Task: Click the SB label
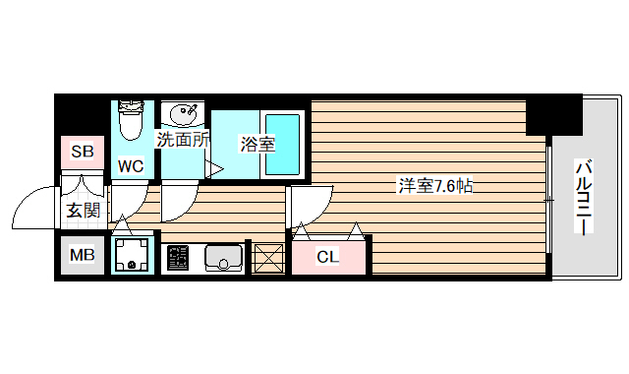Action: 83,152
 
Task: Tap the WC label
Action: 131,166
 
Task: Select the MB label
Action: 82,257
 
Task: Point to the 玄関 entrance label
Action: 82,210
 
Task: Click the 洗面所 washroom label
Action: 183,140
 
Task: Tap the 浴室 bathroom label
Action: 257,144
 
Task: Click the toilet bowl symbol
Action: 130,120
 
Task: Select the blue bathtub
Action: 282,145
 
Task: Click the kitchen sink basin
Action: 224,258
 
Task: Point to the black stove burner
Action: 177,258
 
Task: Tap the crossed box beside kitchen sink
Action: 266,258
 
